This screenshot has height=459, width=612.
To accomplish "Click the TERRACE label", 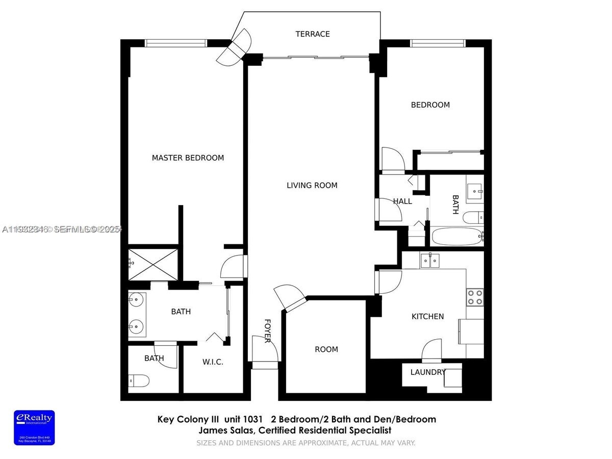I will click(x=313, y=34).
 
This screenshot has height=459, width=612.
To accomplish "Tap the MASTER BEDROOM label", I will click(x=188, y=158).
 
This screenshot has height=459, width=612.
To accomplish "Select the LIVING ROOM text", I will click(x=312, y=185).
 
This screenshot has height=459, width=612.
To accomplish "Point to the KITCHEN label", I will click(x=427, y=316).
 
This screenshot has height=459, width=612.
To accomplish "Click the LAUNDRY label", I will click(x=428, y=372).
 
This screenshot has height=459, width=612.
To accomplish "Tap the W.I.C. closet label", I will click(x=213, y=362).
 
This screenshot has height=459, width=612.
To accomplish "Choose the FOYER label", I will click(x=267, y=330).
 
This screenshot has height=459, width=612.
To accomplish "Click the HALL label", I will click(x=402, y=201).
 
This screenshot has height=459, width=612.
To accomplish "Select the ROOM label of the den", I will click(x=326, y=349).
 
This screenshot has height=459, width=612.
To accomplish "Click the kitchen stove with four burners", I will click(x=475, y=297).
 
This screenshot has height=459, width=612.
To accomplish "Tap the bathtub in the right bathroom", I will click(x=457, y=237).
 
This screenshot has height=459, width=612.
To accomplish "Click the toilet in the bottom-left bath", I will click(x=139, y=380).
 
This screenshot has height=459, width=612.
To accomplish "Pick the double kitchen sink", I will click(x=430, y=261).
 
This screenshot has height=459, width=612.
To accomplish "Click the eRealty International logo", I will click(x=34, y=427).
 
